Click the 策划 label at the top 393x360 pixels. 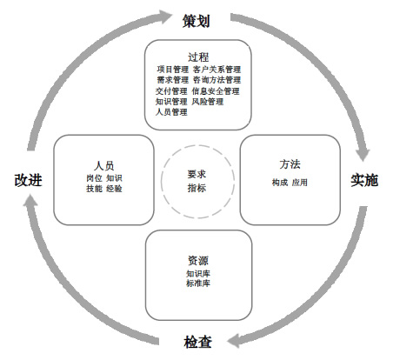click(196, 19)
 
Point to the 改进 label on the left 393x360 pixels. click(29, 181)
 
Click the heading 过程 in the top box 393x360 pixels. click(198, 57)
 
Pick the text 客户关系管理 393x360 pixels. click(216, 69)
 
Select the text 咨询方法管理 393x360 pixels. click(216, 80)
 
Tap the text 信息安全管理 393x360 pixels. click(216, 90)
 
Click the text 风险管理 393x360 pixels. click(208, 102)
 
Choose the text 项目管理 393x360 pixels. click(172, 69)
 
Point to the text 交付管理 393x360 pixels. click(172, 90)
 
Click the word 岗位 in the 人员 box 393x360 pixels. click(94, 177)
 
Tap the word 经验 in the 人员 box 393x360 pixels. click(114, 189)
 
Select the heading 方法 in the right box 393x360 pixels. click(290, 163)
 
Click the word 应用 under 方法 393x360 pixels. click(300, 183)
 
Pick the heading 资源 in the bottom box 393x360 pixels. click(198, 260)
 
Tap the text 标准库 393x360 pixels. click(198, 283)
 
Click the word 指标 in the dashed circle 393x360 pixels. click(196, 188)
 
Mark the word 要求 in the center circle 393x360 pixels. click(196, 174)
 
